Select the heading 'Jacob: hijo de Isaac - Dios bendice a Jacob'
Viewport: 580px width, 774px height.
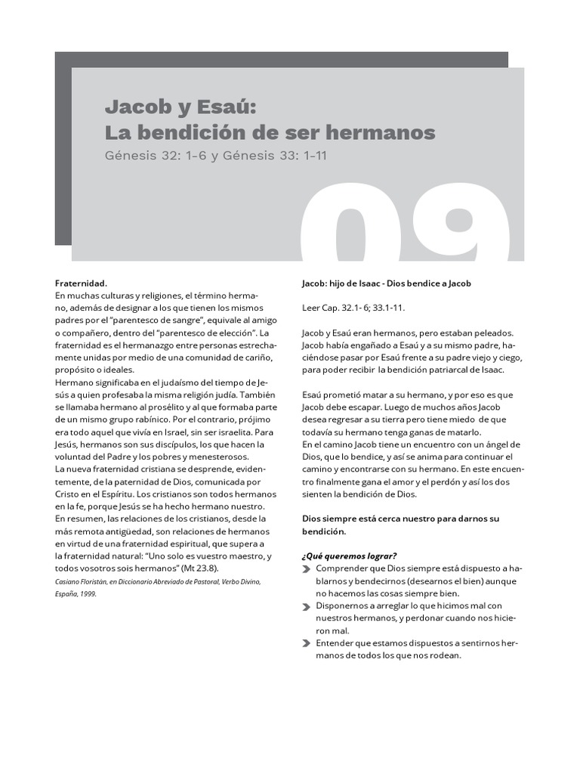click(x=386, y=283)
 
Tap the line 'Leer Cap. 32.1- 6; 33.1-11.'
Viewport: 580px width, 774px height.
click(x=353, y=308)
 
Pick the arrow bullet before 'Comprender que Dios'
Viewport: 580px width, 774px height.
click(x=306, y=568)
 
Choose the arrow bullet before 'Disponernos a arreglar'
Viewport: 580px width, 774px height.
click(x=306, y=605)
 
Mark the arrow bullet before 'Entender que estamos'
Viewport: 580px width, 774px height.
click(x=306, y=643)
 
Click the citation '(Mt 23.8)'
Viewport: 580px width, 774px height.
click(x=218, y=568)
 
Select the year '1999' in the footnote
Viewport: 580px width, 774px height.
click(x=89, y=593)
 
